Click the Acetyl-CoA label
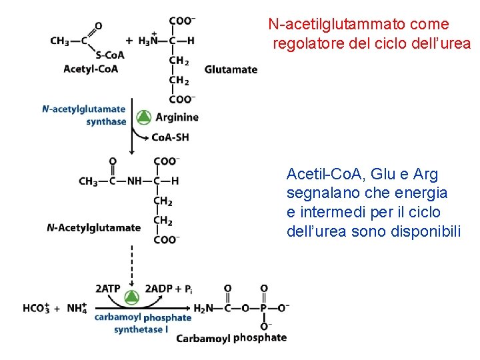(91, 69)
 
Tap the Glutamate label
(231, 69)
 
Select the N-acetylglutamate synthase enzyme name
(84, 115)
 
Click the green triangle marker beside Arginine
(143, 117)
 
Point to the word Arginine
(177, 117)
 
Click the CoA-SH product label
(170, 137)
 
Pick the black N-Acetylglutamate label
(94, 228)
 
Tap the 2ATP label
(108, 289)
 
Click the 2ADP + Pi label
(169, 289)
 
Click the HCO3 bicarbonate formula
(37, 308)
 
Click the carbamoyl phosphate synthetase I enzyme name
(142, 323)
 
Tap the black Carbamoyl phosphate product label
(231, 338)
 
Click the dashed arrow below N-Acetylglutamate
(132, 263)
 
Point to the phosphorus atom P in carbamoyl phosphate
(264, 307)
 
